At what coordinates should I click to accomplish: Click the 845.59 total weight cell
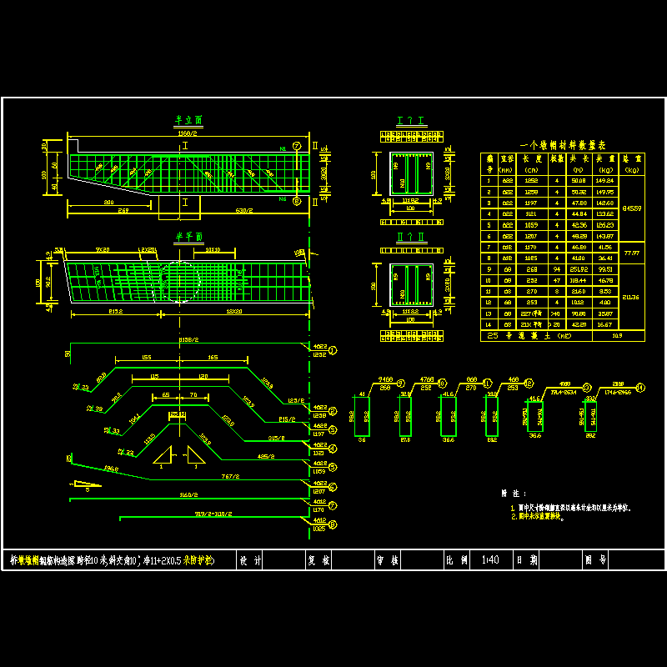631,208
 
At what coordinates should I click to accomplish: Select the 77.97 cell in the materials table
631,252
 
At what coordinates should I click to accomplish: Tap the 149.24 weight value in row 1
606,179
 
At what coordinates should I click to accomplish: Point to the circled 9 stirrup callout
406,387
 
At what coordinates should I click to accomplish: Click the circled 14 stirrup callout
640,387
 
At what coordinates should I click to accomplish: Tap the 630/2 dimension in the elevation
244,210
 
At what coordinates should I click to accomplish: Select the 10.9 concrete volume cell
617,335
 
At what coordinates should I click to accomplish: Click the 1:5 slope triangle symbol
84,484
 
